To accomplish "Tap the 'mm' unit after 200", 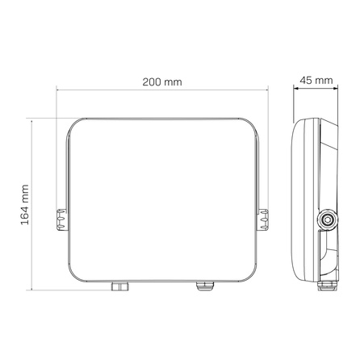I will pyautogui.click(x=172, y=82).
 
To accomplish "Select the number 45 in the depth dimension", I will pyautogui.click(x=306, y=81).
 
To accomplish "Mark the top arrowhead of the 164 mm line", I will pyautogui.click(x=33, y=119).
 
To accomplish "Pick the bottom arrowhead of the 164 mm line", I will pyautogui.click(x=33, y=286).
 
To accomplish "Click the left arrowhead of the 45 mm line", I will pyautogui.click(x=294, y=91).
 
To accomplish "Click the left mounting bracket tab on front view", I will pyautogui.click(x=61, y=219).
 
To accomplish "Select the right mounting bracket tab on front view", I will pyautogui.click(x=265, y=219).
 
